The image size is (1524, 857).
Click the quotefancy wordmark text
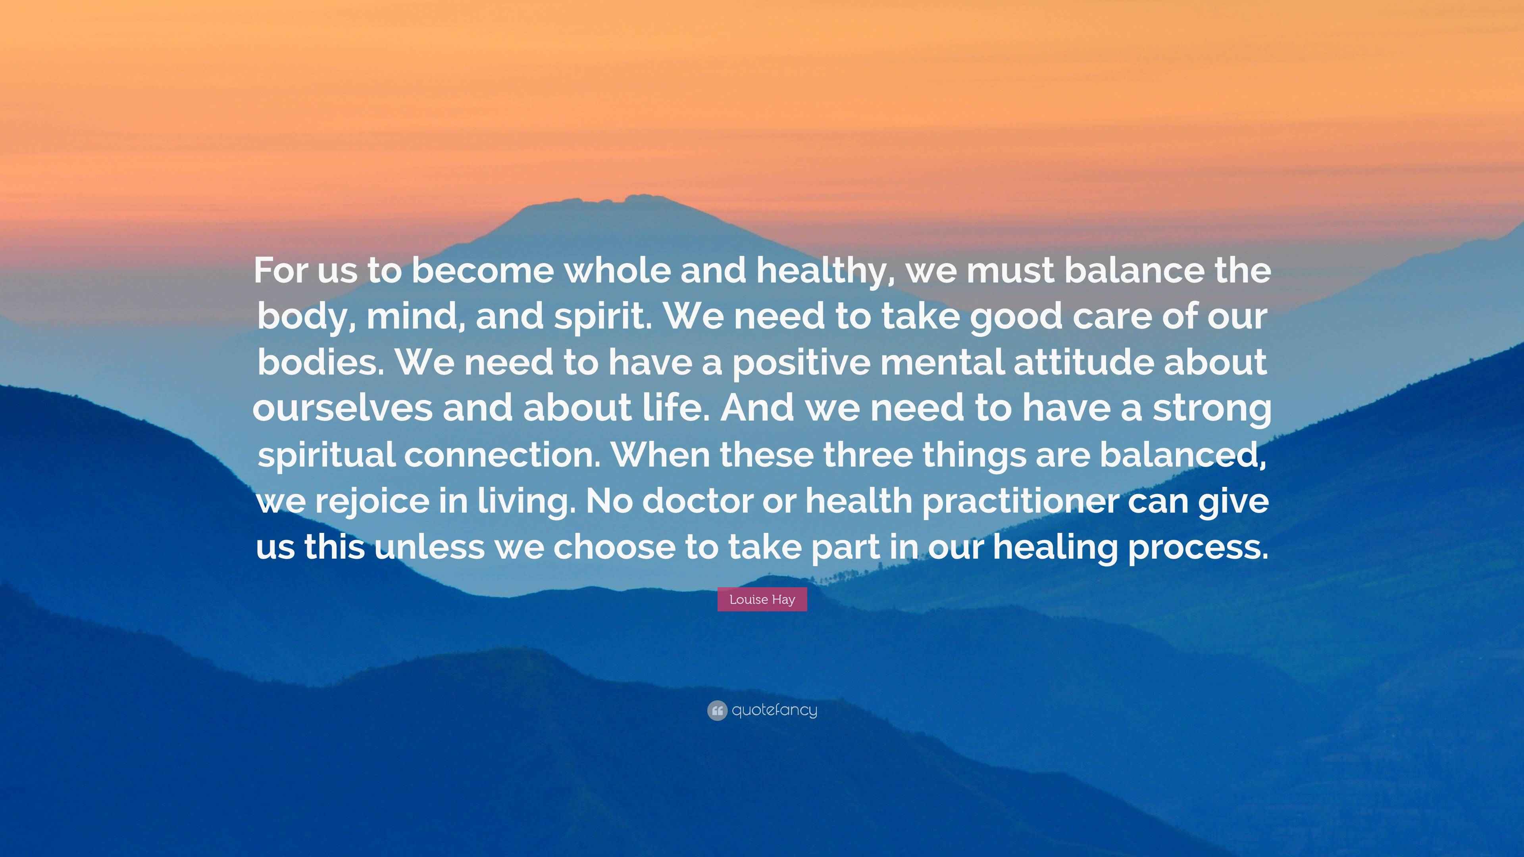(x=774, y=710)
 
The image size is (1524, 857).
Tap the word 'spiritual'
(x=327, y=454)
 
